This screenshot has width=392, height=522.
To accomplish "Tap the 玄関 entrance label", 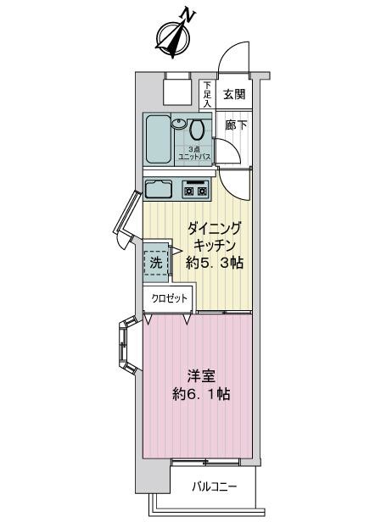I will coord(234,95).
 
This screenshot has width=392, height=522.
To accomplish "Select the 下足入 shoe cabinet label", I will coord(208,95).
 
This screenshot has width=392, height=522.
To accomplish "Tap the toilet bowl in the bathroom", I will coord(198,131).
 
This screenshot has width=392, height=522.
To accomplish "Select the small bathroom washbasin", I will coord(179,124).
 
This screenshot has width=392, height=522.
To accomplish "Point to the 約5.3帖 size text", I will coord(214,263).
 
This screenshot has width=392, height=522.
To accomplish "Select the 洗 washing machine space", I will coord(155,262).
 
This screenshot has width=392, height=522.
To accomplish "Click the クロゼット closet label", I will coord(170,298).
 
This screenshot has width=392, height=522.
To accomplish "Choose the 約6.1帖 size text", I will coord(199,395).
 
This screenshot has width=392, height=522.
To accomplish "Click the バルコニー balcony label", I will coord(214,486).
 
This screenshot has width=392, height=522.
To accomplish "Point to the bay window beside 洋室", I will coord(126,347).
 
